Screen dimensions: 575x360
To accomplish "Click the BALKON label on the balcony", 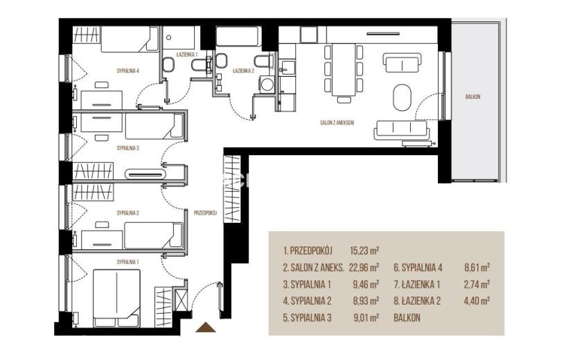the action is coord(472,97).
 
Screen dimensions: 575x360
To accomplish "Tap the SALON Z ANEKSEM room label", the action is coord(337,123).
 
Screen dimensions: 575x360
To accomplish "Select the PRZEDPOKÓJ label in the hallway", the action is coord(205,213).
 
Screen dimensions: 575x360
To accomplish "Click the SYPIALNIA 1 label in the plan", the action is coord(127,262).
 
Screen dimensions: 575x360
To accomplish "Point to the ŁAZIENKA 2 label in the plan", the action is coord(243,71).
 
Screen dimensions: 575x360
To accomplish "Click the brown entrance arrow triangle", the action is coord(206,327).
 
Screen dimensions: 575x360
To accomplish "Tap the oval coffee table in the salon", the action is coord(402,97).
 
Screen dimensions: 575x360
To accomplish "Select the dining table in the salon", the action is coord(344,70).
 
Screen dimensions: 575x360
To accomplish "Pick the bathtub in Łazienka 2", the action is coord(238,36).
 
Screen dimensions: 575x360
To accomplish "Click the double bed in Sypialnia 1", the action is coord(116,298).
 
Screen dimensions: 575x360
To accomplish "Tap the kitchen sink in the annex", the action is coord(287,68).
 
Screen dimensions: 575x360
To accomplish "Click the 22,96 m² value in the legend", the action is coord(364,268).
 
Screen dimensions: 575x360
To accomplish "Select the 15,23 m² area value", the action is coord(364,251).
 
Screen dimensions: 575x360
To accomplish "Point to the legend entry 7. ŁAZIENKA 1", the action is coord(417,284).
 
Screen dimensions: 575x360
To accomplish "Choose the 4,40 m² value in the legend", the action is coord(477,301).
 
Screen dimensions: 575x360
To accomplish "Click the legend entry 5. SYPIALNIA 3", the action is coord(308,318).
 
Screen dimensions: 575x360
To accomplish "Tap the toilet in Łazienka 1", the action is coord(168,64).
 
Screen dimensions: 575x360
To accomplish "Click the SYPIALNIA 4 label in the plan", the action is coord(128,71).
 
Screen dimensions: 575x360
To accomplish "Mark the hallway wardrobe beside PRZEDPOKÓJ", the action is coord(232,189).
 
